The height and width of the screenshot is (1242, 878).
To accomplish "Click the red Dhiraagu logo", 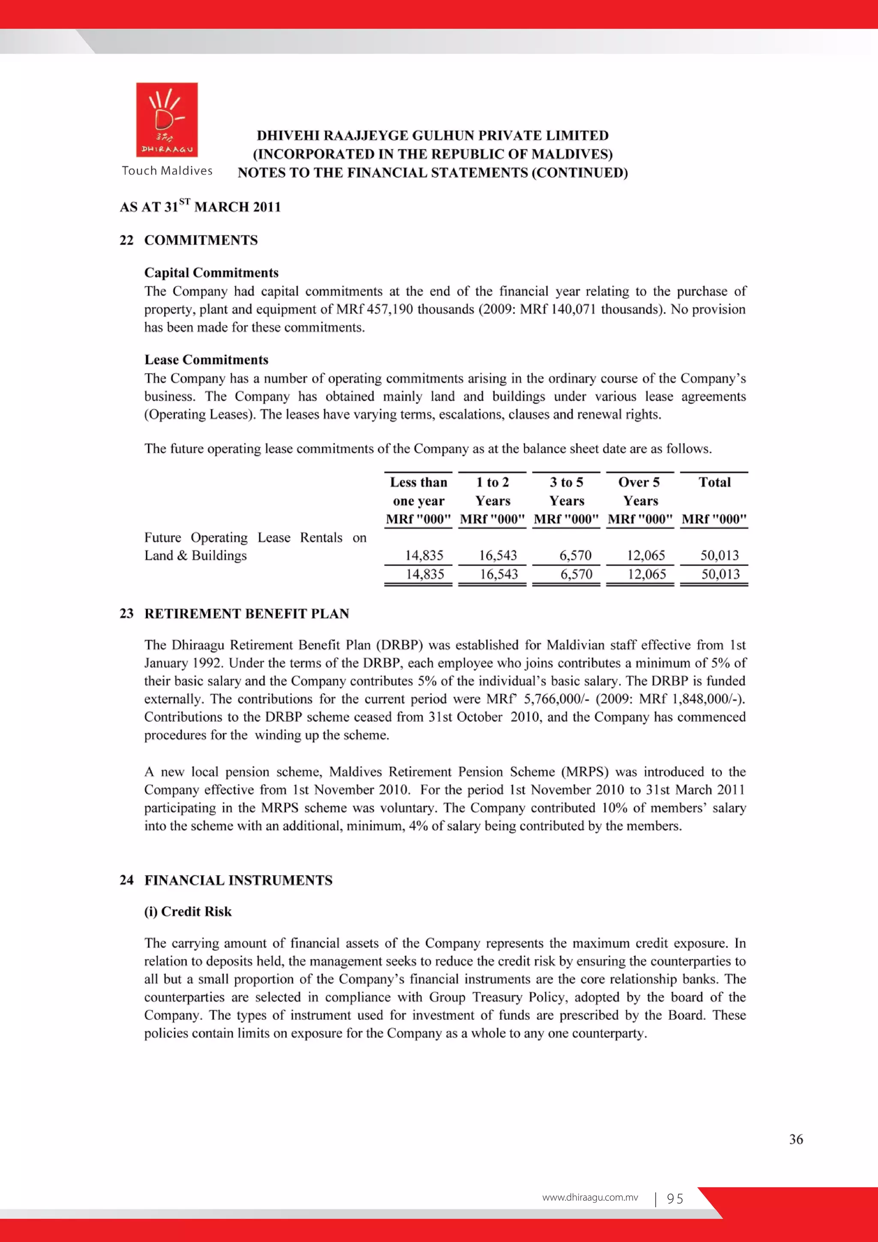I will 166,120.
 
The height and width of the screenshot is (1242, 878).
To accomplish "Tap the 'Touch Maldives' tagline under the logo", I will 167,171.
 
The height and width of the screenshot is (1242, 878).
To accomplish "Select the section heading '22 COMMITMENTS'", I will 189,240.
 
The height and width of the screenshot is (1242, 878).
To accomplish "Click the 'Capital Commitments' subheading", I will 211,273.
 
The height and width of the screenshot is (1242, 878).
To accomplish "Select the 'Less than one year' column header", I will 418,491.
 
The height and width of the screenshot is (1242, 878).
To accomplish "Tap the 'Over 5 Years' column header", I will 640,491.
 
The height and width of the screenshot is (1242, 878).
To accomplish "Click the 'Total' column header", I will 714,482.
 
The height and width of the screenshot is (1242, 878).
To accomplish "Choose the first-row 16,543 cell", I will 497,555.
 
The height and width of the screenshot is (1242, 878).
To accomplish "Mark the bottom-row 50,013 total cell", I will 720,575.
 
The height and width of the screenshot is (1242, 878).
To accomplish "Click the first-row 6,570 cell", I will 575,555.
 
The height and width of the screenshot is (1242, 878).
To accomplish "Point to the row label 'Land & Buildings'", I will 195,555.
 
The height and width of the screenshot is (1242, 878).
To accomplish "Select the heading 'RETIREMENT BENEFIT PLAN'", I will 247,613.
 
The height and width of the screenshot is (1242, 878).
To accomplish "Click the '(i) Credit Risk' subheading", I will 188,911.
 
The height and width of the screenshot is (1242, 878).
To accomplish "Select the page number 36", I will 796,1139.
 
